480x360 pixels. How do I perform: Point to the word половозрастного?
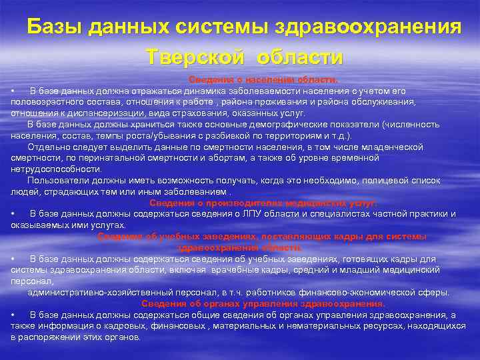(x=44, y=101)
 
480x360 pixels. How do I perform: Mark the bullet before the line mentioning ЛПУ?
(x=13, y=213)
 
